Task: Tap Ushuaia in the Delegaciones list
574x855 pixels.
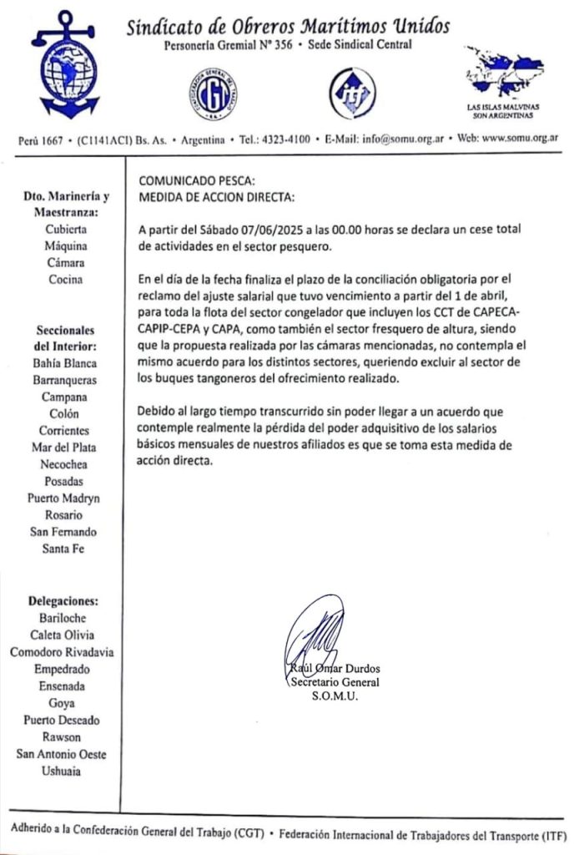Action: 63,772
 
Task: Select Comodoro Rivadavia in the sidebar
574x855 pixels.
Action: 63,651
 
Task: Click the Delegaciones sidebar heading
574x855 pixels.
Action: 63,601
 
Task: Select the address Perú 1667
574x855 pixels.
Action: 39,139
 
